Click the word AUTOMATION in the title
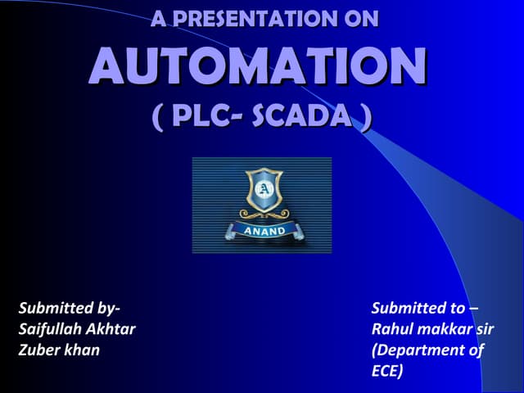point(257,67)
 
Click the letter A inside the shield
point(263,191)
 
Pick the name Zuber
point(38,350)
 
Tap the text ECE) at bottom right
point(387,371)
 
